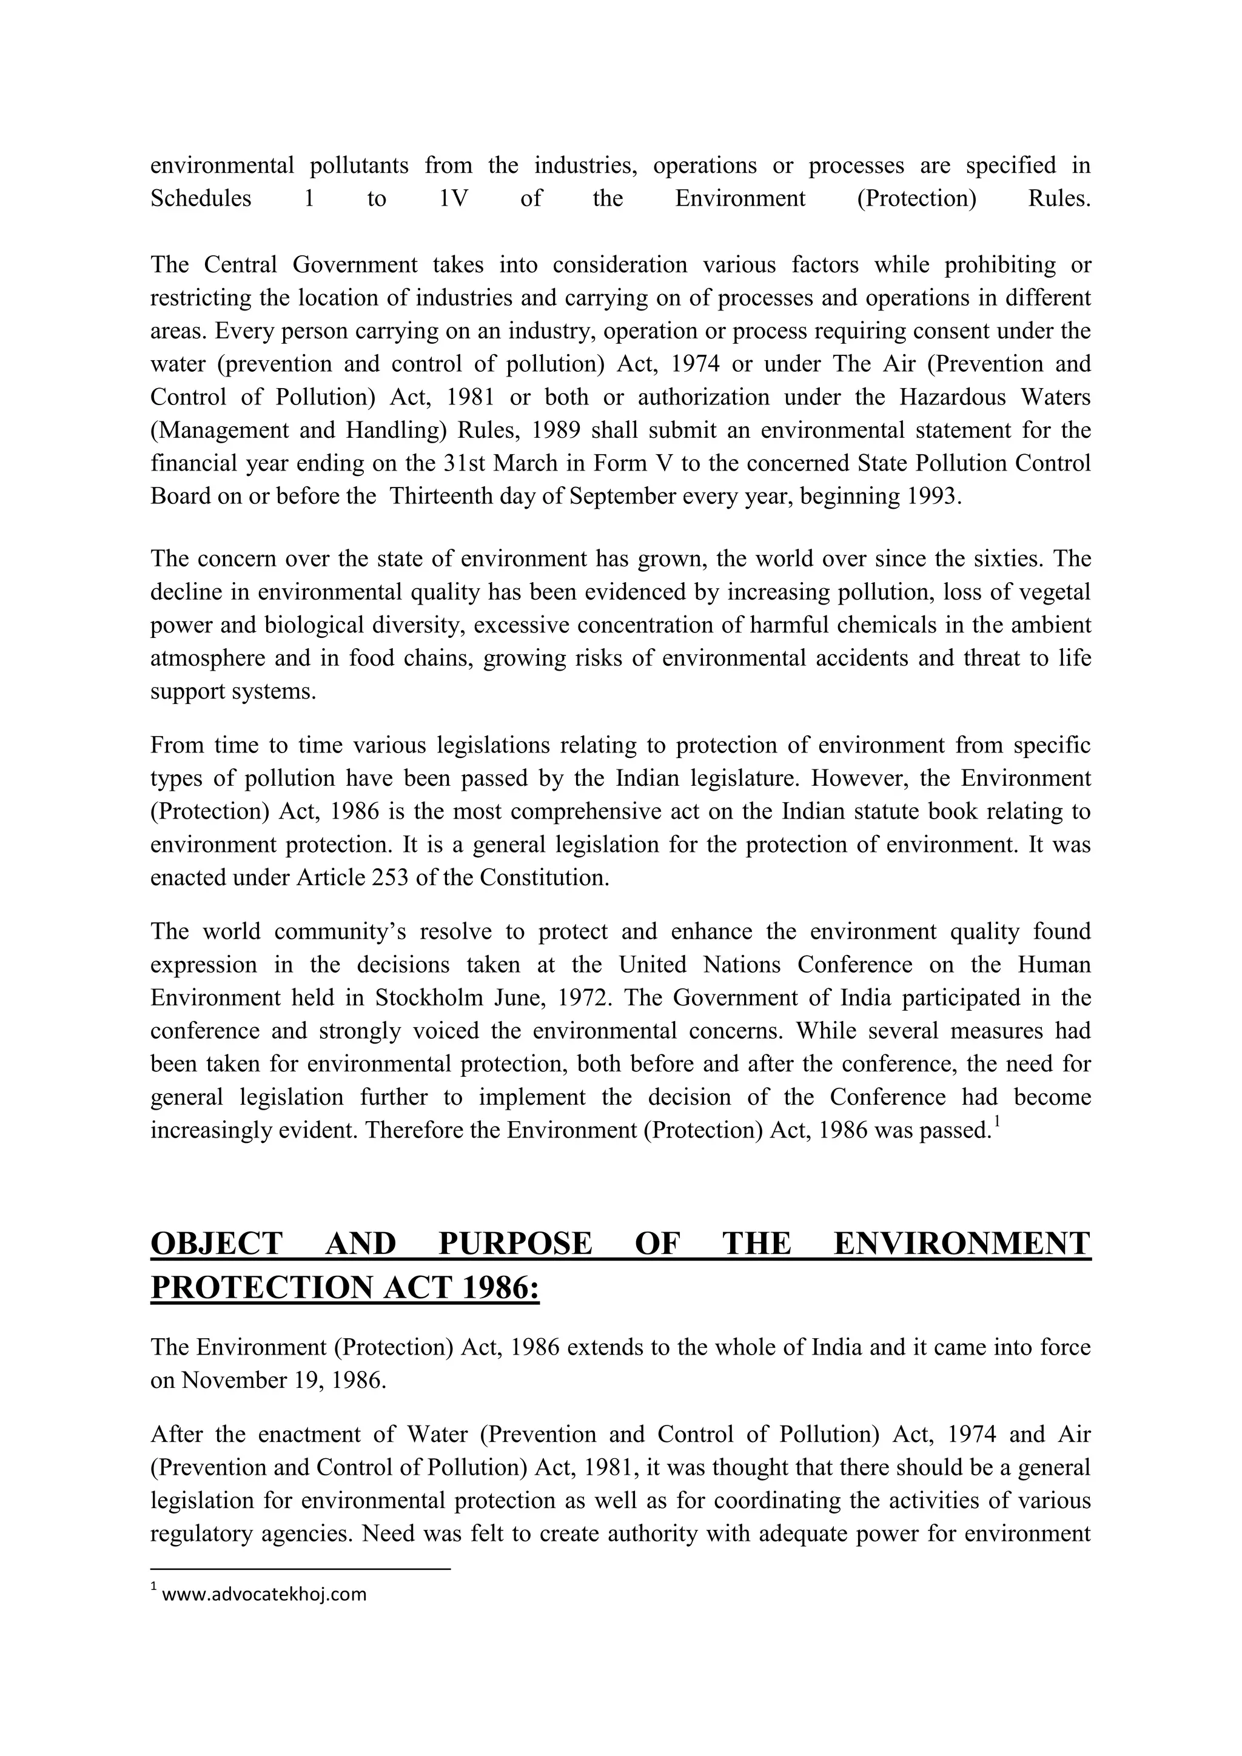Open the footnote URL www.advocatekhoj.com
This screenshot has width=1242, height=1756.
[264, 1595]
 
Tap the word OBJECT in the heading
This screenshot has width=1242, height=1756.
[217, 1244]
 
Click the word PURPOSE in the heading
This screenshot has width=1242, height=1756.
[515, 1244]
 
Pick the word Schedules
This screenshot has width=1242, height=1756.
[200, 199]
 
